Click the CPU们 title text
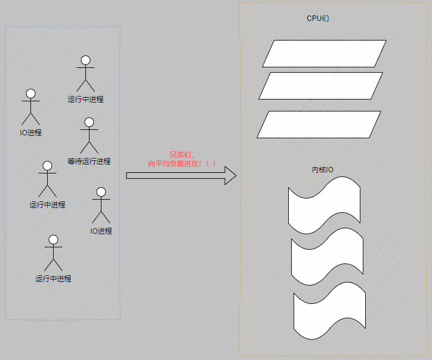point(317,18)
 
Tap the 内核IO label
point(323,170)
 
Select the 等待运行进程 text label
point(89,162)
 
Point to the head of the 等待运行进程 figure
point(89,122)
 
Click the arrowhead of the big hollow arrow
point(230,175)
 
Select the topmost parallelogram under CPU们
point(324,54)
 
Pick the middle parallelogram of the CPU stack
point(320,86)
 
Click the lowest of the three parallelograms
point(319,125)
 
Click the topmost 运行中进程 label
point(85,100)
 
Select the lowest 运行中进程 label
point(53,278)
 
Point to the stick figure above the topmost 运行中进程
point(85,75)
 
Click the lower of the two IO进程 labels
point(101,231)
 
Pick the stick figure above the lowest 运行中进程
point(53,254)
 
